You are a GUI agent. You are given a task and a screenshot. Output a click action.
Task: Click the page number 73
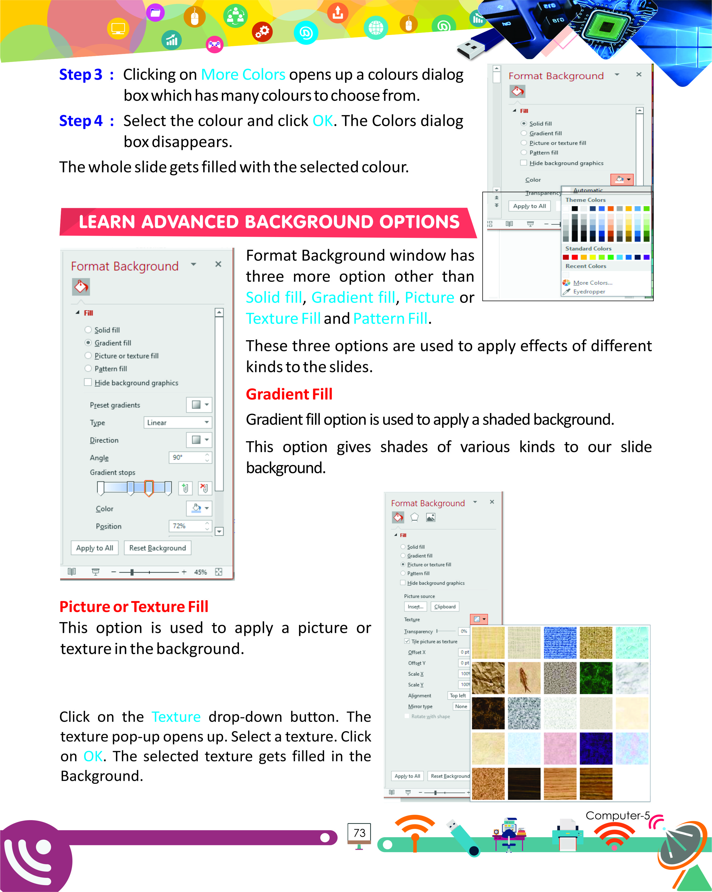coord(359,832)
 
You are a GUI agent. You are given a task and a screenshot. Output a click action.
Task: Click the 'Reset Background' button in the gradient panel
coord(157,548)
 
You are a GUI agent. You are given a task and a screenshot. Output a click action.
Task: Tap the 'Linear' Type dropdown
coord(177,422)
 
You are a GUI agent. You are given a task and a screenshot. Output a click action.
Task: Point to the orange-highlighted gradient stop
coord(149,488)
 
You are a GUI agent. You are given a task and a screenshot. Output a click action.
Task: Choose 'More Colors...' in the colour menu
coord(593,282)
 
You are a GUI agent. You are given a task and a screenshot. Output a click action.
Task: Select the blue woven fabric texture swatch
coord(560,642)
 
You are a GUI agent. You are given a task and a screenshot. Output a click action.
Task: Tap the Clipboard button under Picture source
coord(445,607)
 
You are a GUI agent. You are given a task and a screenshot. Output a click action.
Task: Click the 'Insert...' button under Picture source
coord(415,607)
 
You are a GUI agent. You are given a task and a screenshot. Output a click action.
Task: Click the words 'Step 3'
coord(81,75)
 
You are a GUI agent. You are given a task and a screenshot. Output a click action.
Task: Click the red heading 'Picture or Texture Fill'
coord(134,607)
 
